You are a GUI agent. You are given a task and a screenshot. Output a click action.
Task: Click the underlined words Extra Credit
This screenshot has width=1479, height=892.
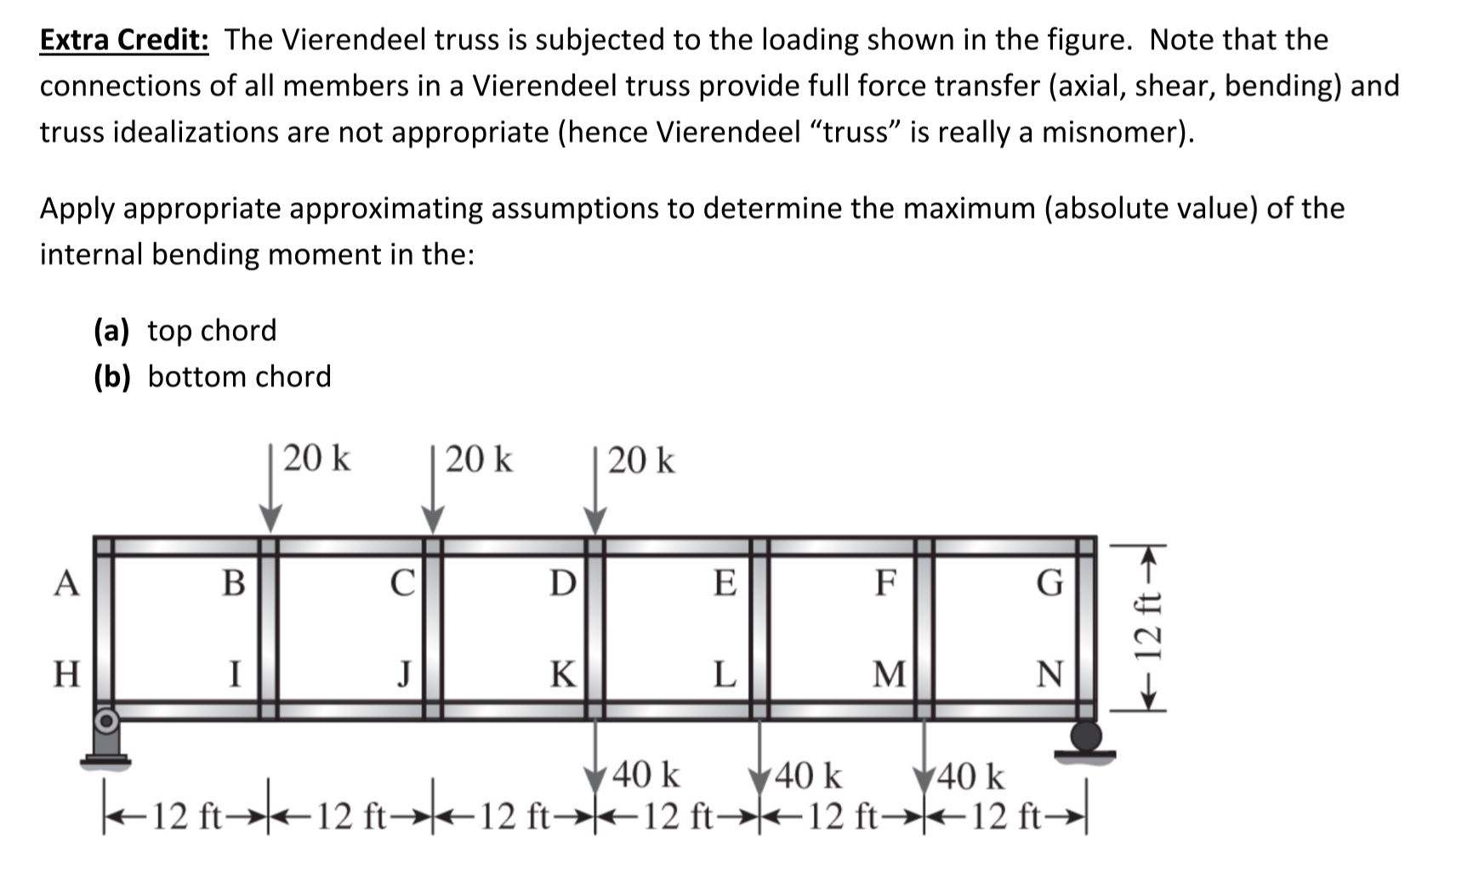click(x=124, y=40)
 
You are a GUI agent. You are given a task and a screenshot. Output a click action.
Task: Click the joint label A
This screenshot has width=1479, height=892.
click(x=66, y=584)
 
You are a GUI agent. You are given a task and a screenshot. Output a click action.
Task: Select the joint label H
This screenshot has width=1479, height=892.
click(x=66, y=674)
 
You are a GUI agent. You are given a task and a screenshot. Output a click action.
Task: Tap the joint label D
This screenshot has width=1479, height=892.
click(x=561, y=583)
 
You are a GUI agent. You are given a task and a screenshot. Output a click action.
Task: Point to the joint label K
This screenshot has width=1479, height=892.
click(x=561, y=674)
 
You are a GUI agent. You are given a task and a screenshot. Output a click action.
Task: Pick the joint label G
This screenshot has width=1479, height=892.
click(x=1050, y=583)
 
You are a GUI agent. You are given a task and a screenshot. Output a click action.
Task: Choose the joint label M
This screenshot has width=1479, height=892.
click(x=890, y=674)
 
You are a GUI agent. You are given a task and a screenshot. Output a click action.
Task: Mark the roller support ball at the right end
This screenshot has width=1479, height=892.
click(x=1085, y=734)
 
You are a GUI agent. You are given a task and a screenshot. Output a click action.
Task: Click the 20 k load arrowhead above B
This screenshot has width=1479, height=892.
click(x=270, y=518)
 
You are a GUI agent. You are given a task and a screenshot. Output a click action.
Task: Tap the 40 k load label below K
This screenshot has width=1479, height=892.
click(x=646, y=776)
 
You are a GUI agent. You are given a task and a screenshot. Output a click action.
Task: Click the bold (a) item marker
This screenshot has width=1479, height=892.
click(x=111, y=330)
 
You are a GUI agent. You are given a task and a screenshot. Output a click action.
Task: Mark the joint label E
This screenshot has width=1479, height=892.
click(x=724, y=583)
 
